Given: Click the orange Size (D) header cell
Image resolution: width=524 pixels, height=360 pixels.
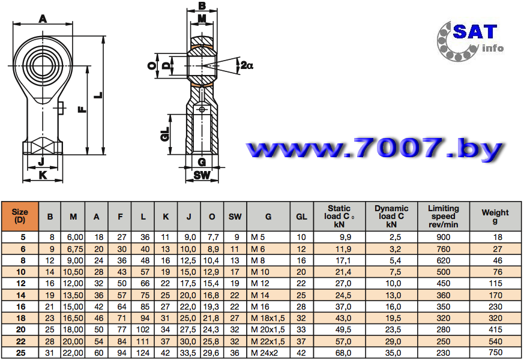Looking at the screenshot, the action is pos(20,216).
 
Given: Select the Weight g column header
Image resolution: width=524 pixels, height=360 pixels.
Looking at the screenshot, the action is pos(495,216).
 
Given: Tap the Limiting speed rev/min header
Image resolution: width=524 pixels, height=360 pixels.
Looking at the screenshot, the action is pos(444,216).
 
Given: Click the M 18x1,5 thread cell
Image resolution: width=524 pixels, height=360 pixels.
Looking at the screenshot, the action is pos(268,318).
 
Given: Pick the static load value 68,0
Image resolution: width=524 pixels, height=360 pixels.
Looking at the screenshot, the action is pos(343,353).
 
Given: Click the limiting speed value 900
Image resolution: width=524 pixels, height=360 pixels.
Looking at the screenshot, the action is pos(444,238).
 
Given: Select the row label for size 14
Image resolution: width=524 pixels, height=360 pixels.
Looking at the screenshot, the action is pos(21,295).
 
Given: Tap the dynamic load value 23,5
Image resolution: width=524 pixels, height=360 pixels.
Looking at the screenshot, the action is pos(393,329).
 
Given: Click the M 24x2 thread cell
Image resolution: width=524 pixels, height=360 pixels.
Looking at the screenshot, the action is pos(264,353).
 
